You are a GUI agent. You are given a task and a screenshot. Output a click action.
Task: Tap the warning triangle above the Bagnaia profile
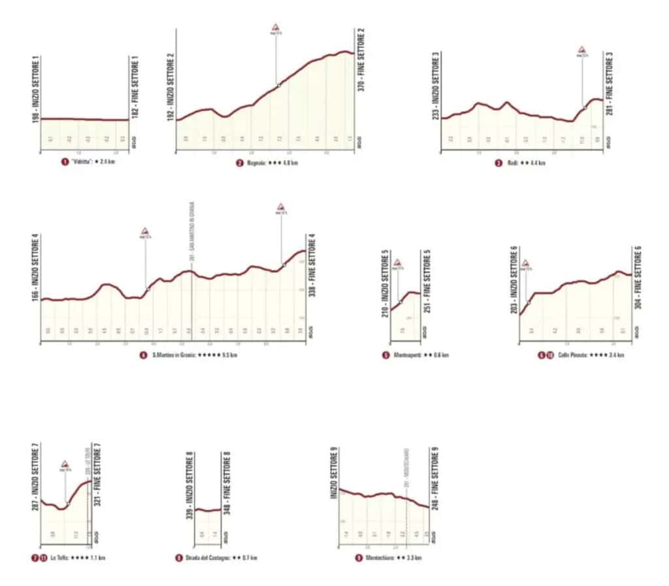point(276,28)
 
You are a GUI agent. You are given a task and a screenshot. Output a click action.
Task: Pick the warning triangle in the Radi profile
point(581,50)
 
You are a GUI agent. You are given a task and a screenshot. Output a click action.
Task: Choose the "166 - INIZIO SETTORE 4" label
point(34,268)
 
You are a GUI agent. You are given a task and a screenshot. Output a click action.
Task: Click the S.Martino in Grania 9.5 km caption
point(189,355)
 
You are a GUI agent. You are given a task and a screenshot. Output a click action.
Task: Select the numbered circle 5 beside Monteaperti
point(386,355)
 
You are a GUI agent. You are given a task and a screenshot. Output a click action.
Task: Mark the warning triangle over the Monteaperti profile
point(397,263)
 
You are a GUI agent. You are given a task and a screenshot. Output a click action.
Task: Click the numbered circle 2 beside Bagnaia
point(240,163)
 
